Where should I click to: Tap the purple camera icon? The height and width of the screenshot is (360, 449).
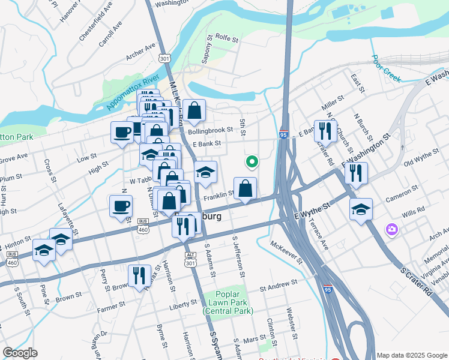pos(392,229)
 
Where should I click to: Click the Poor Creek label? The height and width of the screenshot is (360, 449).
pos(386,68)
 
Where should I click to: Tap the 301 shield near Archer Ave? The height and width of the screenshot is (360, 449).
pos(165,58)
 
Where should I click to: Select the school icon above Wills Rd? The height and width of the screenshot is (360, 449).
pos(361,209)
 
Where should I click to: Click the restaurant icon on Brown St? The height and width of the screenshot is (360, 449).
pos(139,275)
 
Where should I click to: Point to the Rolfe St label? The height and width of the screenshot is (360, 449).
pos(227,38)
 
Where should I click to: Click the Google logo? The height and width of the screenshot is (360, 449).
pos(20,353)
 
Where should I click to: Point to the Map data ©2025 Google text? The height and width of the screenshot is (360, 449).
pos(411,355)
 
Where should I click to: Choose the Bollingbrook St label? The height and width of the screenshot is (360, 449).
pos(209,130)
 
